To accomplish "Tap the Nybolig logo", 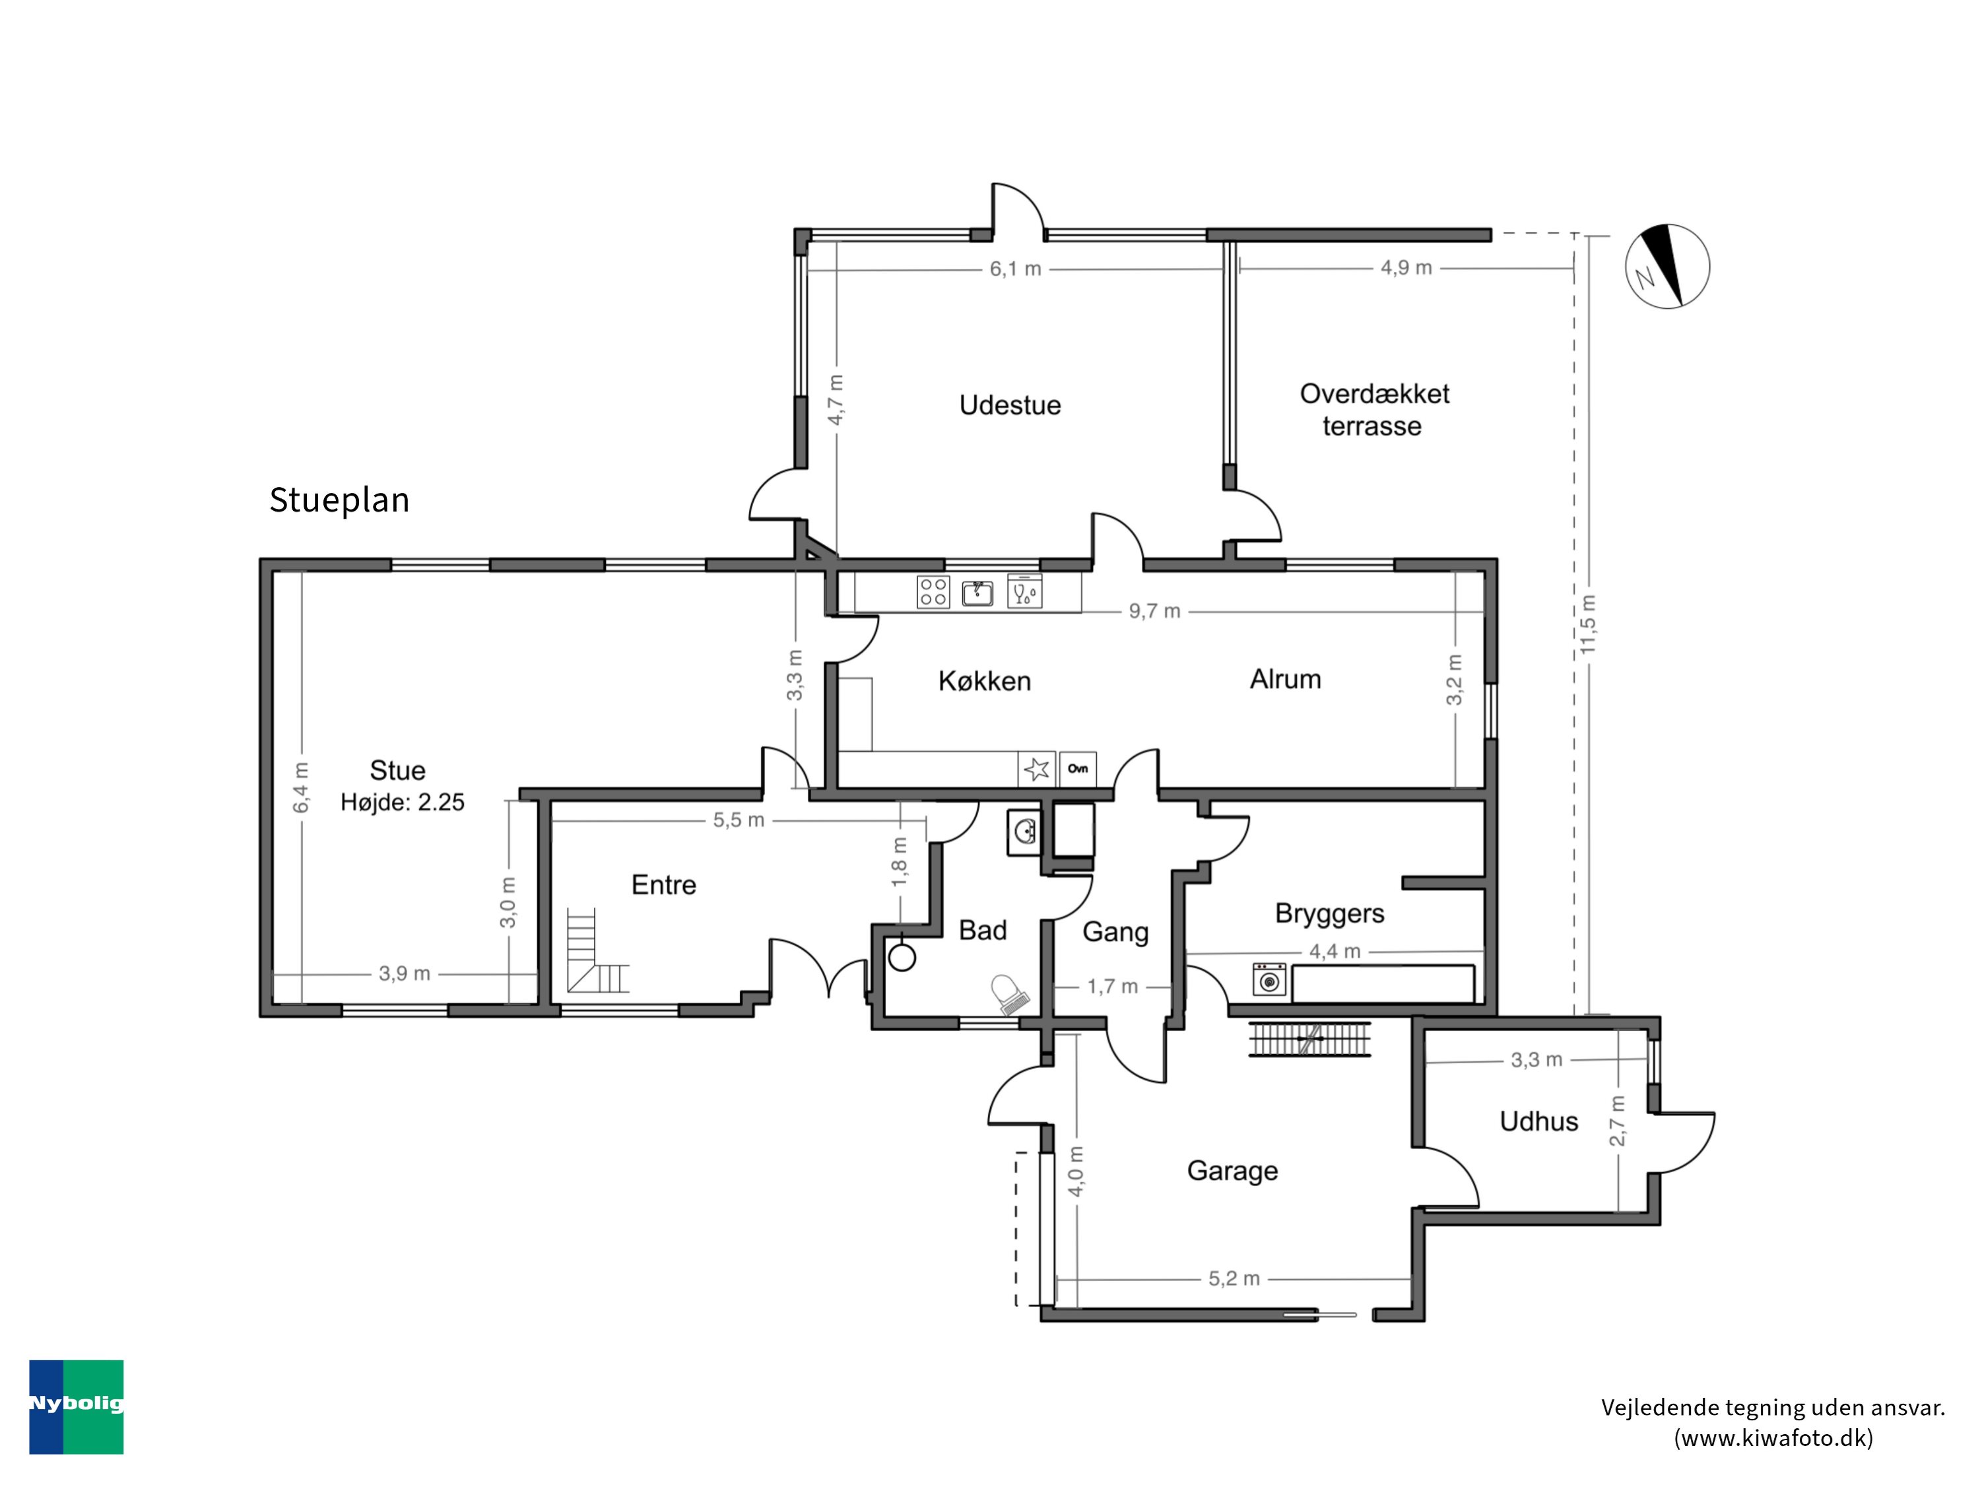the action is click(76, 1406).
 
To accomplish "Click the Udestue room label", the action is click(1010, 405).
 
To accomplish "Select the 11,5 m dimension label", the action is click(1588, 624).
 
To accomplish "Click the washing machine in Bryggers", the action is click(1269, 980).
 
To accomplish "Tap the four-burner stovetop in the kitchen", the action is click(933, 591).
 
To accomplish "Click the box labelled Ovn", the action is click(1078, 768).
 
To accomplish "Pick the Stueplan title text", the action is click(339, 500).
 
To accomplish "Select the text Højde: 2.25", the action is click(402, 802).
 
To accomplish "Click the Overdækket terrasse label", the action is click(1374, 409).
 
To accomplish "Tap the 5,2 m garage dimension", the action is click(1234, 1279).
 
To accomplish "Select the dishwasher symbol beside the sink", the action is click(1024, 591).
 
